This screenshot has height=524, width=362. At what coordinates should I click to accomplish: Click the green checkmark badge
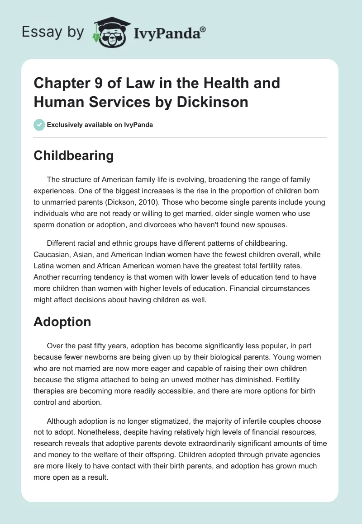[x=39, y=124]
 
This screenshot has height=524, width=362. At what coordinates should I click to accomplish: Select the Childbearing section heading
[x=74, y=156]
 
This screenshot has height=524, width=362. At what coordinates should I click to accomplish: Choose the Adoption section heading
[x=62, y=322]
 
